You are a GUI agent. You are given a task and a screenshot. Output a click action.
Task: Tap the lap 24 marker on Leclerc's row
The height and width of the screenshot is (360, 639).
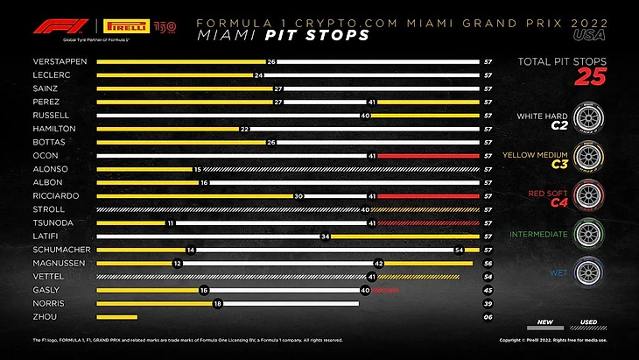pos(259,75)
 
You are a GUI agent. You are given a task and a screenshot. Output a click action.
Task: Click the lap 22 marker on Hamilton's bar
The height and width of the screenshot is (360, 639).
pos(244,129)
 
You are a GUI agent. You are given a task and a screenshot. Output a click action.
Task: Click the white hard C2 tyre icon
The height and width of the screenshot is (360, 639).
pos(586,119)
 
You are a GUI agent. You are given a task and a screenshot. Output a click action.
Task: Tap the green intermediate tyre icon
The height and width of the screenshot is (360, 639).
pos(586,234)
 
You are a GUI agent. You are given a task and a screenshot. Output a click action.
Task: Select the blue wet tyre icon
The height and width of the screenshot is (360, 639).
pos(586,272)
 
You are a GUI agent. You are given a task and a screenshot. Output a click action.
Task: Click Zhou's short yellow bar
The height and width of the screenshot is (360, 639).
pos(116,317)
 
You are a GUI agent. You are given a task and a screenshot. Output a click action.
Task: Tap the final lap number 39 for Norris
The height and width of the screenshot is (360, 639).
pos(487,304)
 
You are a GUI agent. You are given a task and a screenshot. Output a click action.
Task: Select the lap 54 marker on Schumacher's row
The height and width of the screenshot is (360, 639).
pos(460,250)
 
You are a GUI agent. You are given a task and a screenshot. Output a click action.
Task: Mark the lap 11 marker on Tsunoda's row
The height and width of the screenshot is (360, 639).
pos(171,223)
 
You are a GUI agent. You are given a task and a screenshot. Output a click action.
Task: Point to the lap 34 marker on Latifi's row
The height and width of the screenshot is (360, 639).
pos(325,236)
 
